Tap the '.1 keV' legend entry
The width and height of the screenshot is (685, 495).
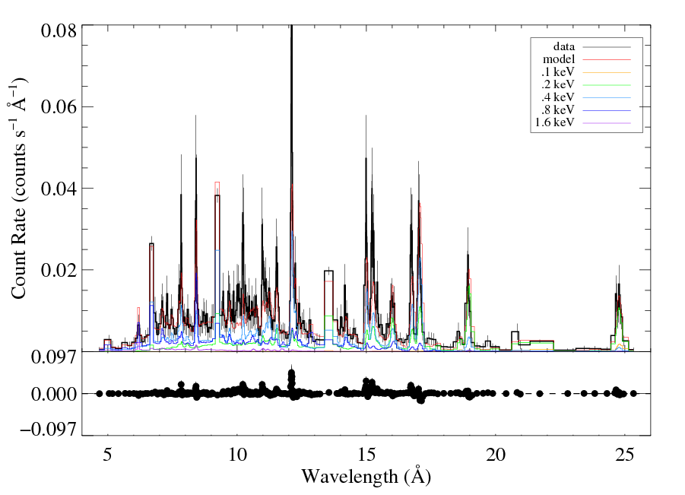pos(559,72)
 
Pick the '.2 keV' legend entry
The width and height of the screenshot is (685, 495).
pos(559,84)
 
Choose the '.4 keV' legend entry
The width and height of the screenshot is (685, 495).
pos(559,97)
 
